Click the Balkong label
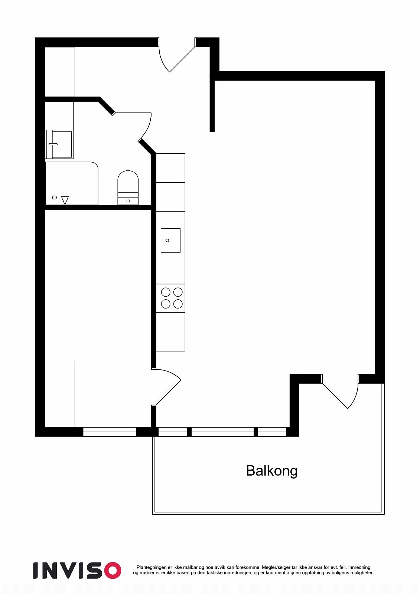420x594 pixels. [x=271, y=471]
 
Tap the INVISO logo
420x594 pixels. [x=77, y=570]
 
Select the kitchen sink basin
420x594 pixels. [x=170, y=241]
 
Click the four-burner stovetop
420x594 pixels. [x=172, y=298]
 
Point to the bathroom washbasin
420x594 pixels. [x=59, y=144]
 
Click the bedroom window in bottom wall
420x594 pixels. [x=110, y=432]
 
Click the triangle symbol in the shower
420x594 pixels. [x=65, y=200]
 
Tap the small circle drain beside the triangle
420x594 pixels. [x=55, y=198]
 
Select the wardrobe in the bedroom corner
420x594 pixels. [x=60, y=393]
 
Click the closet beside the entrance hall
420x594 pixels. [x=60, y=72]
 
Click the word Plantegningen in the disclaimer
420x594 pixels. [x=151, y=567]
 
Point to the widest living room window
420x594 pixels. [x=222, y=432]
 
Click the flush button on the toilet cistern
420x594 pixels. [x=128, y=201]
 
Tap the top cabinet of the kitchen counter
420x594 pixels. [x=170, y=168]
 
